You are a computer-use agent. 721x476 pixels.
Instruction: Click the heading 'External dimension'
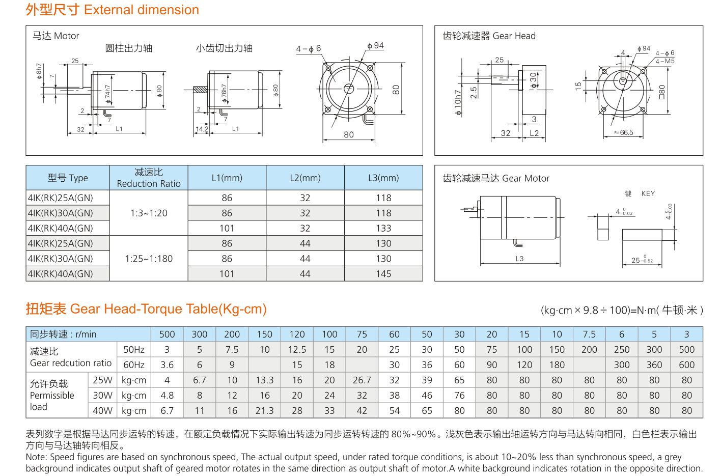(x=142, y=10)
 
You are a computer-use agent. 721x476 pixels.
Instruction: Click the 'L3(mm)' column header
(x=383, y=178)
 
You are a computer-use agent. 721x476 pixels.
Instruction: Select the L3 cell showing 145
(x=383, y=274)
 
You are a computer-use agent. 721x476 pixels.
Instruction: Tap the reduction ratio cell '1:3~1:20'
(x=149, y=213)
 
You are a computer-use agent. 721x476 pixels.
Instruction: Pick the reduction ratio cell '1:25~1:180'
(x=149, y=259)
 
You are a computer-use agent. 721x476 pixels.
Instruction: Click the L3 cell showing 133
(x=383, y=228)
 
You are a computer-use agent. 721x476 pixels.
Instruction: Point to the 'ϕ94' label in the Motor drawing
(x=376, y=46)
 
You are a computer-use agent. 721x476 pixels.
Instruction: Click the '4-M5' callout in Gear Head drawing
(x=665, y=61)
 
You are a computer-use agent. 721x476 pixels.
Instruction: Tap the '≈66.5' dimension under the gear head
(x=623, y=132)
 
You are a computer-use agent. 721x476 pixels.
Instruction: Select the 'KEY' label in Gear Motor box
(x=648, y=193)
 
